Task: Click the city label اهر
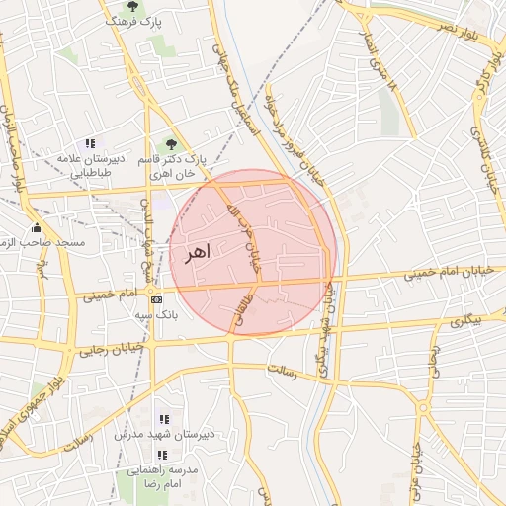197,253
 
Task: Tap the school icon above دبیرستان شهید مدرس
163,419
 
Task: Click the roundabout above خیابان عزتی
423,407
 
